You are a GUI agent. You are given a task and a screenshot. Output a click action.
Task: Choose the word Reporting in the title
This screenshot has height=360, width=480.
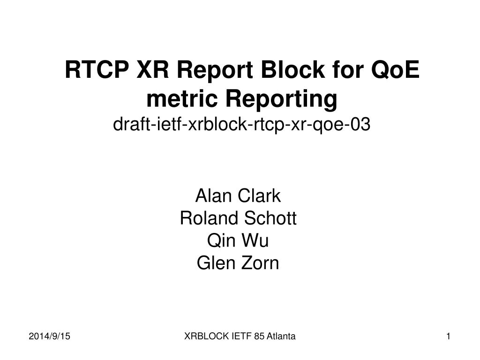point(281,98)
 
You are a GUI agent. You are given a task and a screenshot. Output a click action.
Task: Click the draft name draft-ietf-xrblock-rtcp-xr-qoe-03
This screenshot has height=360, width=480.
point(241,124)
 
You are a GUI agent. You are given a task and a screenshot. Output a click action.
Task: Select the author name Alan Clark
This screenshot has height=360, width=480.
point(238,196)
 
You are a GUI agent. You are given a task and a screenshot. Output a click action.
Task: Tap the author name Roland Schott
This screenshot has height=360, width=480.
point(238,218)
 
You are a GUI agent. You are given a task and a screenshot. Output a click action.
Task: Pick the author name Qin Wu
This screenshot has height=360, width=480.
point(238,241)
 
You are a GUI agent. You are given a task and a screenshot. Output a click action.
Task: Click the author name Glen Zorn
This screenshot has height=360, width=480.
point(238,263)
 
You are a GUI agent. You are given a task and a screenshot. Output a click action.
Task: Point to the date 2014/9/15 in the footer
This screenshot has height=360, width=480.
point(53,336)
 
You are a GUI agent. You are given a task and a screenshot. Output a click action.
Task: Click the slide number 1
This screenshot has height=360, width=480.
point(449,336)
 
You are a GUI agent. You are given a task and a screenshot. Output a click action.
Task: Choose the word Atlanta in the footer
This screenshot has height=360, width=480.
point(282,336)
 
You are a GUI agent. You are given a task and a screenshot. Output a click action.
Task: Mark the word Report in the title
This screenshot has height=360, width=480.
point(216,71)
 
